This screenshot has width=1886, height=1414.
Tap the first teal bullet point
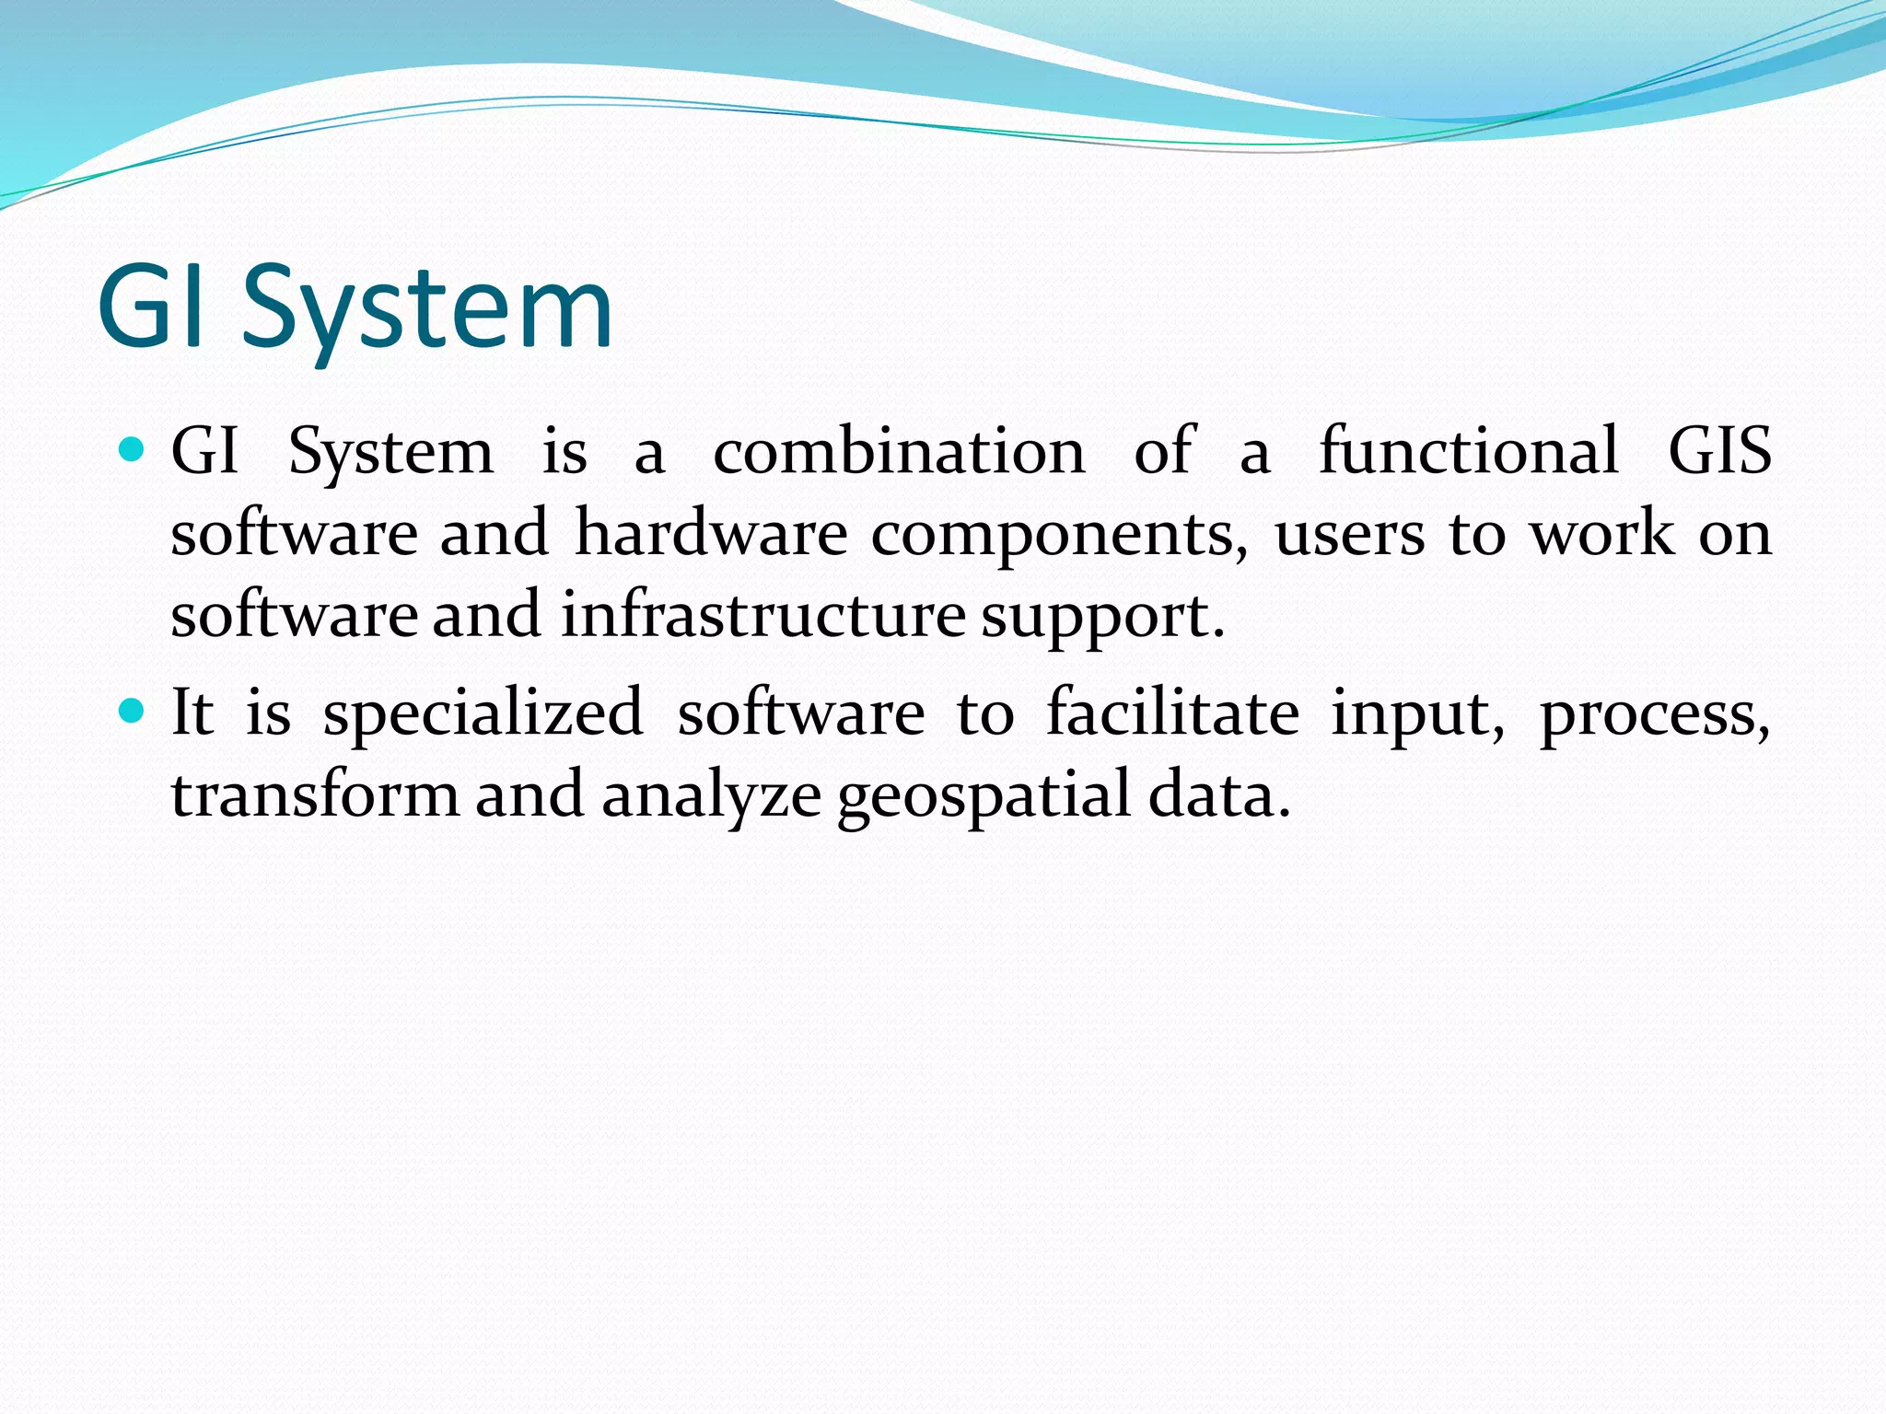tap(133, 450)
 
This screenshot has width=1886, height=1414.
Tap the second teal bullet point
tap(133, 711)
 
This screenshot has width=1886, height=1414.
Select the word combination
tap(899, 451)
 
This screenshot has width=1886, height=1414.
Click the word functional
tap(1469, 451)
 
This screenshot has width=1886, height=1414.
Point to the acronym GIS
tap(1719, 451)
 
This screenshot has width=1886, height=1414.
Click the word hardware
tap(711, 533)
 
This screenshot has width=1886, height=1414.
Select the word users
tap(1349, 535)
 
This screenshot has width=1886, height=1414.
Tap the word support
tap(1102, 617)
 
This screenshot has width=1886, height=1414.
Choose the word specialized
tap(483, 713)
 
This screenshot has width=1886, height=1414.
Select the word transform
tap(315, 794)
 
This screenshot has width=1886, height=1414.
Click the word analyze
tap(711, 795)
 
